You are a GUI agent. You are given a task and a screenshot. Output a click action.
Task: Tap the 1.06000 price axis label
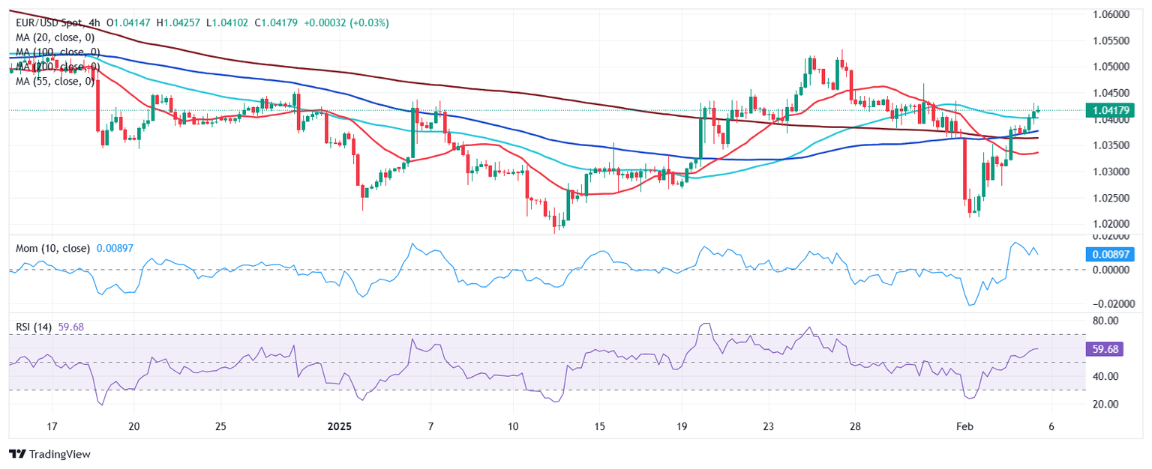click(1109, 14)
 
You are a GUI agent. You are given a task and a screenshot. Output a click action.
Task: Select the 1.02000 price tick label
click(1109, 224)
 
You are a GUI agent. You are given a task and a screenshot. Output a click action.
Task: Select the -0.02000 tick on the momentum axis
click(1109, 304)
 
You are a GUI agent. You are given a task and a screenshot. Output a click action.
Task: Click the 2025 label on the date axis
click(339, 426)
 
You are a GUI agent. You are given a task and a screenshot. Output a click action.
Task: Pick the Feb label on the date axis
click(964, 426)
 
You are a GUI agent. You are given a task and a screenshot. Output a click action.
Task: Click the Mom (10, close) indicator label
click(52, 248)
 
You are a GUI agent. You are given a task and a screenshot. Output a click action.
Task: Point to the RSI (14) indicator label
click(37, 327)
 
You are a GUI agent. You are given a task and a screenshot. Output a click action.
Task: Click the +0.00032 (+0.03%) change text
click(346, 23)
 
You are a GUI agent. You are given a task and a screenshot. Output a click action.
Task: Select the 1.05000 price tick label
click(1109, 67)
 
